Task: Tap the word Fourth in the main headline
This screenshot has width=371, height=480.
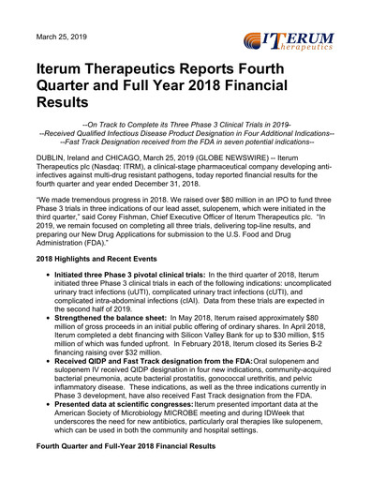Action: point(300,69)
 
